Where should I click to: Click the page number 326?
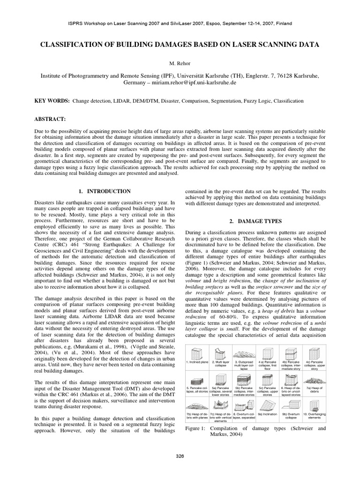pyautogui.click(x=180, y=455)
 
